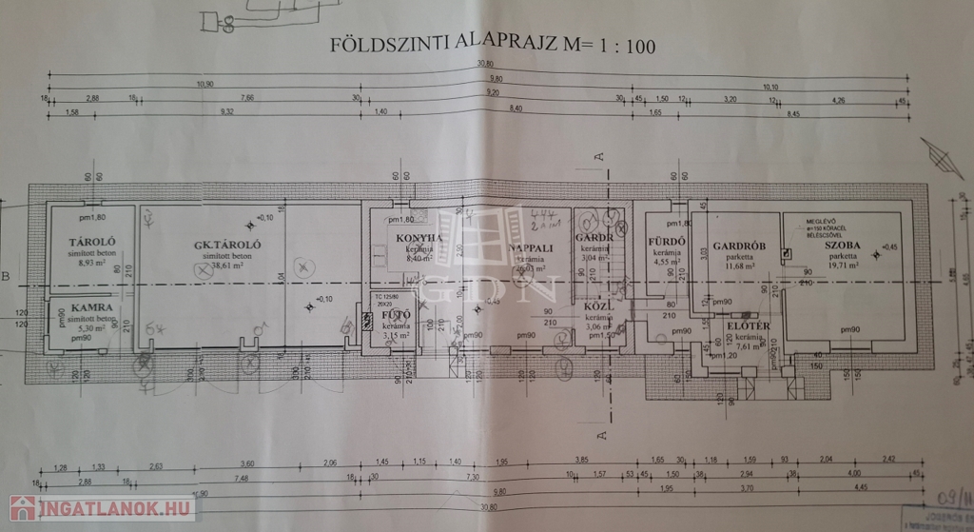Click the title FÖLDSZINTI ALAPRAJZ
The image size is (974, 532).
point(445,44)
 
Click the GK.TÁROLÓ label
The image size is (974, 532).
point(227,245)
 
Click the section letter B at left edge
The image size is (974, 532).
point(6,278)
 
